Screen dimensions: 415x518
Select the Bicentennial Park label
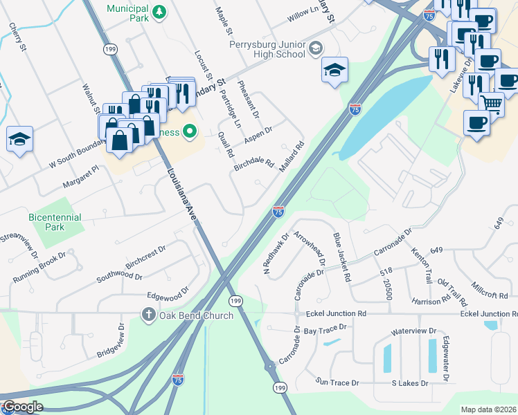tap(55, 222)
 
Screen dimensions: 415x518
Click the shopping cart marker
tap(491, 104)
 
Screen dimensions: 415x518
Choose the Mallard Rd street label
tap(292, 158)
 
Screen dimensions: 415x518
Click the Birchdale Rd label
tap(254, 164)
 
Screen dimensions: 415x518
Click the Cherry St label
tap(17, 37)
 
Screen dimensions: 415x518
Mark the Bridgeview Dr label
tap(111, 339)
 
